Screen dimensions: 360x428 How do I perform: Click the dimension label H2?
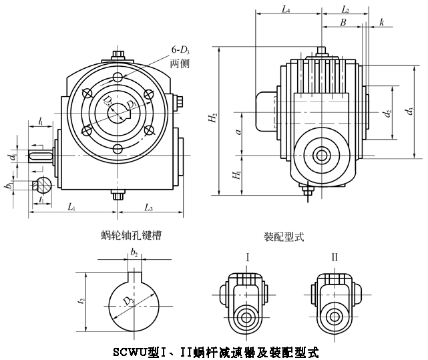[x=212, y=120]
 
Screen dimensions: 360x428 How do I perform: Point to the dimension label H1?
[x=236, y=177]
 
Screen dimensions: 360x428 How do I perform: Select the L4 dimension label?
[x=285, y=10]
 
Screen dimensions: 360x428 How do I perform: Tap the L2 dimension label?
[x=345, y=10]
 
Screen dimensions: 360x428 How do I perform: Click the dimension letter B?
[x=343, y=22]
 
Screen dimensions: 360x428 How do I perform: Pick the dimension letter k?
[x=381, y=22]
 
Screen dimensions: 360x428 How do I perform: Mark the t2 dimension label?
[x=81, y=301]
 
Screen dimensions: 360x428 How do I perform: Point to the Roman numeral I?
[x=248, y=256]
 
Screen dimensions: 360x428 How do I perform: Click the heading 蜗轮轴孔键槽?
[x=130, y=235]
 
